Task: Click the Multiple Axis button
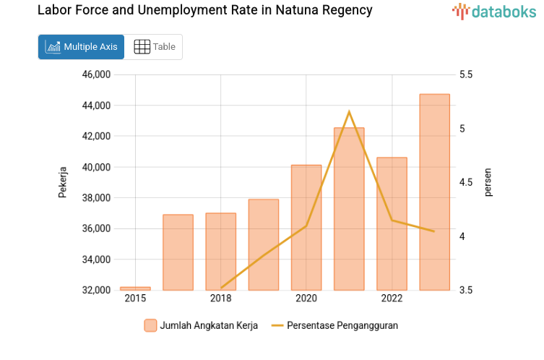81,47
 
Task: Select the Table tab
155,47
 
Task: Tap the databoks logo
494,11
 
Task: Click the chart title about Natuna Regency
204,11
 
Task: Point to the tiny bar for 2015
135,288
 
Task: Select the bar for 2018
220,252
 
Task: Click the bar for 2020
306,228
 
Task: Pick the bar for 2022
392,224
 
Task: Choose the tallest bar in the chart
434,192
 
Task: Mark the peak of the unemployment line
349,112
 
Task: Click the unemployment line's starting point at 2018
221,288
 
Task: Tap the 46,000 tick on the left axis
95,74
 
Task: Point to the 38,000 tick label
95,198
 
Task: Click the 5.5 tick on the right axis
465,74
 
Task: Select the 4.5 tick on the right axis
465,183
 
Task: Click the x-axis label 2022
392,299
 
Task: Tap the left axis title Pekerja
62,183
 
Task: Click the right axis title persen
488,183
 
